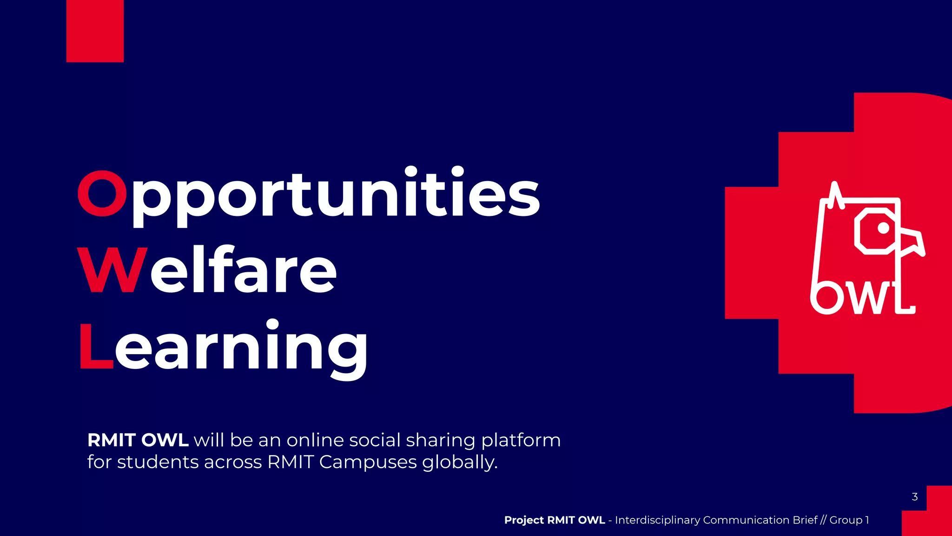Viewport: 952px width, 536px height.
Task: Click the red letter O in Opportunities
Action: [x=102, y=193]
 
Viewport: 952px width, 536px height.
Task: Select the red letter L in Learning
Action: [x=96, y=347]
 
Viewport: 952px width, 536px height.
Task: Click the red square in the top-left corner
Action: [x=95, y=31]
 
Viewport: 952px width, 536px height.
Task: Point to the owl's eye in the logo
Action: [x=883, y=228]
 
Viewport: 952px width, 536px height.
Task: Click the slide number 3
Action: [x=914, y=497]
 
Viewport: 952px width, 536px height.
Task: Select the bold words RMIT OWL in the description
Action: [x=138, y=440]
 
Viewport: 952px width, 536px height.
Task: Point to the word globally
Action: [x=460, y=462]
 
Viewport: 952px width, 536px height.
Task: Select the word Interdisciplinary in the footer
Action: [x=657, y=520]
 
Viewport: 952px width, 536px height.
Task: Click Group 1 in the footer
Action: [x=849, y=520]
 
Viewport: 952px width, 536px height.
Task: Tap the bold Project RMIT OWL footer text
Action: [x=554, y=520]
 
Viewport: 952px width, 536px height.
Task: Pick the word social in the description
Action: [x=375, y=440]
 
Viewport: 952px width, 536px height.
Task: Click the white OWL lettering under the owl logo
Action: [x=863, y=299]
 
